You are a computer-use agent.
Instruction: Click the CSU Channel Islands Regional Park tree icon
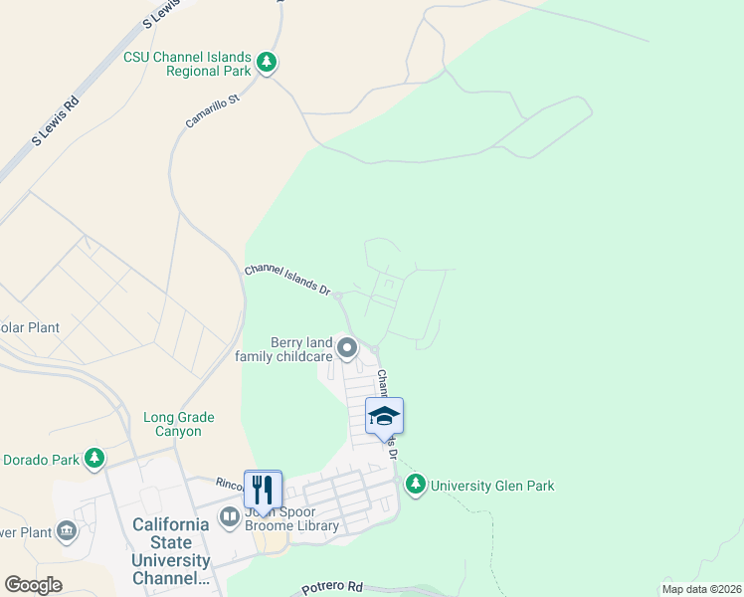point(267,64)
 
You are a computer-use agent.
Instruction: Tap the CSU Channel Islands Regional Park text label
point(187,65)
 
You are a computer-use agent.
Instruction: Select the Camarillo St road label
point(213,111)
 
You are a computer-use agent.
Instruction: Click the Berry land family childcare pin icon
point(347,348)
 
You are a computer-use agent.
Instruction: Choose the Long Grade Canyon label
point(172,425)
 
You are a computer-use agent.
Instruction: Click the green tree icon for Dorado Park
point(94,459)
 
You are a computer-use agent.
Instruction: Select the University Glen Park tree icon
point(416,485)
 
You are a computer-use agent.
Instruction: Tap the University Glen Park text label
point(492,486)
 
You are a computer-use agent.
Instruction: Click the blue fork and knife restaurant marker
point(263,490)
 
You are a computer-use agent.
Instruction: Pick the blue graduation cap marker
point(384,416)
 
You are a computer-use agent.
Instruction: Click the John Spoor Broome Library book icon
point(229,517)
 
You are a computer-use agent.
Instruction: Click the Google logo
point(33,585)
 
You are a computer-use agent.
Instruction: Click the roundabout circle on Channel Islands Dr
point(338,296)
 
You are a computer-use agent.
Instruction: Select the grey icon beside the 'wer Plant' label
point(67,529)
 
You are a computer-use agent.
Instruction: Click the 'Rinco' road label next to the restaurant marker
point(229,483)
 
